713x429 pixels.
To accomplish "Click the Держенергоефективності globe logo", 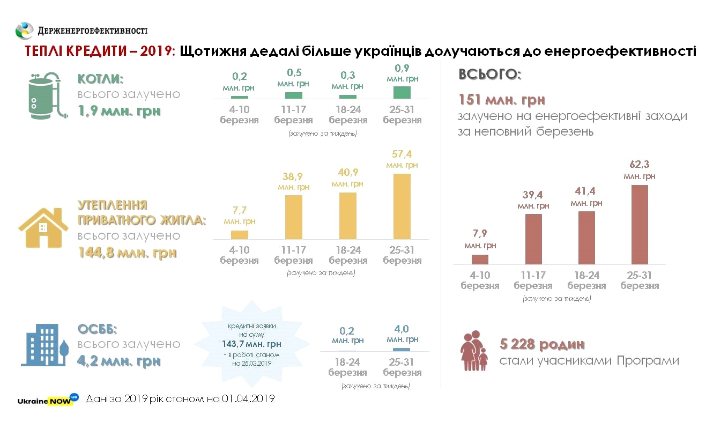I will click(x=25, y=31).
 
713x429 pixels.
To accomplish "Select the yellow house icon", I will click(x=43, y=228).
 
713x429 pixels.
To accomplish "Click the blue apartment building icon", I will click(x=46, y=345).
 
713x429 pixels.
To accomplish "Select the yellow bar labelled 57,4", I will click(x=402, y=206).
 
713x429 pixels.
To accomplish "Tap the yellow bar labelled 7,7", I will click(x=239, y=234).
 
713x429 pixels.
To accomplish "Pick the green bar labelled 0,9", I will click(x=402, y=92).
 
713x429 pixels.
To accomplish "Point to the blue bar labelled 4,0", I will click(x=402, y=349).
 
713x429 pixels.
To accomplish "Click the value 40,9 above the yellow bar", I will click(x=347, y=173).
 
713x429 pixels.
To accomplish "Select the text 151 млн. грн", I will click(x=502, y=100).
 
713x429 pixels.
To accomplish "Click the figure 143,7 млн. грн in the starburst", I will click(x=251, y=344).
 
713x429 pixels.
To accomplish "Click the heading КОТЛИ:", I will click(x=101, y=79).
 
